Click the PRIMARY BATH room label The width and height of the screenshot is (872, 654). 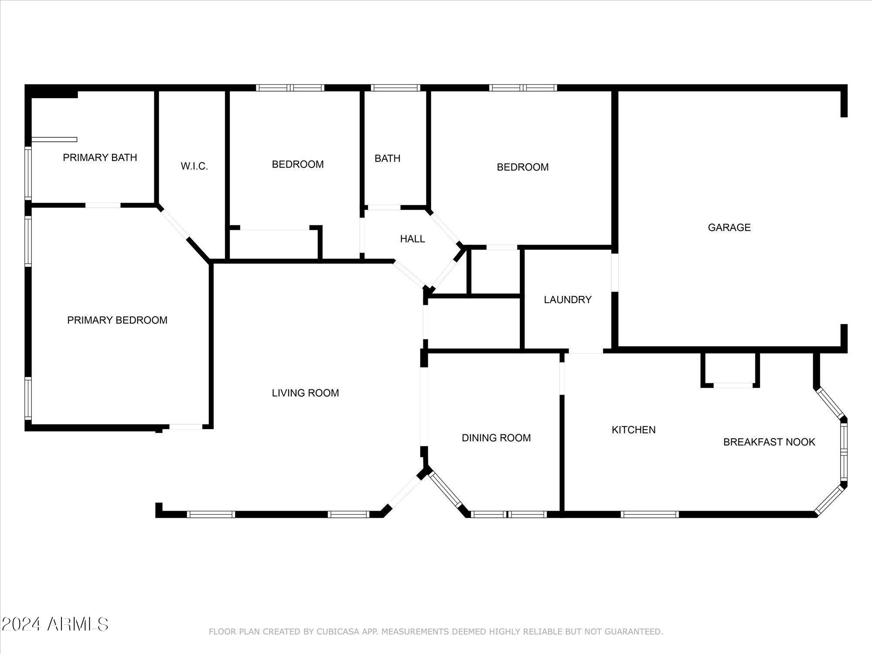coord(100,157)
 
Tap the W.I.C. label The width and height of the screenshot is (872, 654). coord(194,166)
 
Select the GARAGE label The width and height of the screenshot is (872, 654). coord(729,227)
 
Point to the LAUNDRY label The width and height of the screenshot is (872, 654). coord(567,300)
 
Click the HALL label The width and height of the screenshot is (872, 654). coord(412,239)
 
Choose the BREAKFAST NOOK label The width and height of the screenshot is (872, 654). coord(769,442)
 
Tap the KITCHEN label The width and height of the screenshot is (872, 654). coord(633,430)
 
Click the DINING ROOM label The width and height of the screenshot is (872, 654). coord(496,438)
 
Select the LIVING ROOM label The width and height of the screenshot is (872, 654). coord(305,393)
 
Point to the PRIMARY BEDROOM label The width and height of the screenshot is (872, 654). coord(117,320)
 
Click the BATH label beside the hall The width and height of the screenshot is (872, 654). coord(387,158)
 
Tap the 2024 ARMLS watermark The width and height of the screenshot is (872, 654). coord(54,624)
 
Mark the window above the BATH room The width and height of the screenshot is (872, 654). coord(395,88)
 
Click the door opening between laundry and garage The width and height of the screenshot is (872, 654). coord(615,272)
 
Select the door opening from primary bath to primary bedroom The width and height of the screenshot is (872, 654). coord(103,205)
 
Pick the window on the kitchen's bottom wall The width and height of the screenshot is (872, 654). coord(649,514)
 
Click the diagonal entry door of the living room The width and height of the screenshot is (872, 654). coord(404,491)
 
